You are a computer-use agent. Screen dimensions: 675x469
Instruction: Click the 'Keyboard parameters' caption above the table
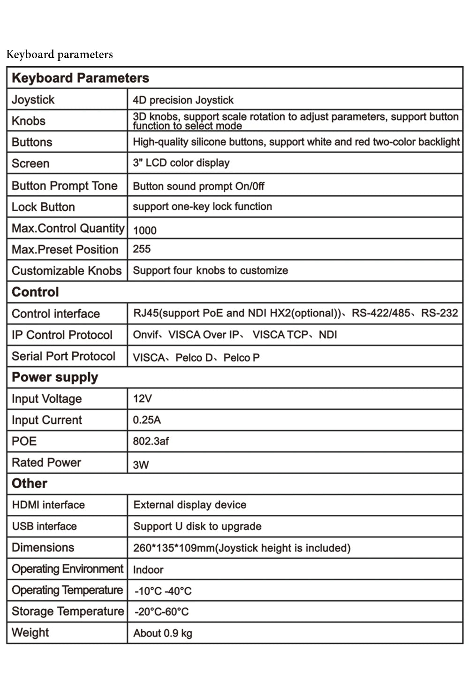(x=60, y=54)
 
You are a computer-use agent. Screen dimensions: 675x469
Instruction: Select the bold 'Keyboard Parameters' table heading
(x=80, y=78)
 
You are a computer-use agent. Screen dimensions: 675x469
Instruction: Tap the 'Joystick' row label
(x=33, y=100)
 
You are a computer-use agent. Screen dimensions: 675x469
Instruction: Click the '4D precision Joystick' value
(x=183, y=100)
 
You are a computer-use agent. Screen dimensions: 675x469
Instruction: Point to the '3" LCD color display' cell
(x=181, y=163)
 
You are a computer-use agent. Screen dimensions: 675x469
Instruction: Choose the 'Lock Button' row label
(x=43, y=207)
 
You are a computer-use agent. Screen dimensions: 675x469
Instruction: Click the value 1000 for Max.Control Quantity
(x=144, y=230)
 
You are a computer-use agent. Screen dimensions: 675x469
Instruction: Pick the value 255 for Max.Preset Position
(x=142, y=249)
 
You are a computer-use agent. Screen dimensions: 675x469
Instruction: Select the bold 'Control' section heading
(x=35, y=292)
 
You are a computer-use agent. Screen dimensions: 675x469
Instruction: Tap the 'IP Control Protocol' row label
(x=62, y=335)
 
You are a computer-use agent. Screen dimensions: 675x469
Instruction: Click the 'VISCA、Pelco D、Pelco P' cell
(x=196, y=358)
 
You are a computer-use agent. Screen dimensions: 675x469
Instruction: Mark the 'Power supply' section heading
(x=55, y=377)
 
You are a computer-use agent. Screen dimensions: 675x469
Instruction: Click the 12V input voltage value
(x=142, y=399)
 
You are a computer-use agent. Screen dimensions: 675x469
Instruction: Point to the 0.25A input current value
(x=147, y=420)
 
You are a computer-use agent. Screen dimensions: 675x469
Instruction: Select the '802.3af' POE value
(x=151, y=441)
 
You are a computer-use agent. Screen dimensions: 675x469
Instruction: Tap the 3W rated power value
(x=141, y=465)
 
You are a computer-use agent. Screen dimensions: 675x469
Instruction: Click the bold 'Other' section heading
(x=30, y=483)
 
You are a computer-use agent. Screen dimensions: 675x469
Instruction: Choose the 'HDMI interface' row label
(x=48, y=505)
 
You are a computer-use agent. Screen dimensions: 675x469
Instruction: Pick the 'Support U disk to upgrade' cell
(x=197, y=526)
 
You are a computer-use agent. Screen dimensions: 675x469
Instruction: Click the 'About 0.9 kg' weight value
(x=163, y=633)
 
